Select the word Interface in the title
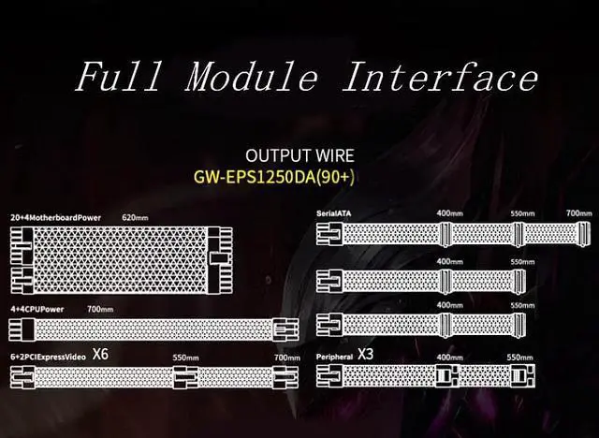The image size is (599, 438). point(441,76)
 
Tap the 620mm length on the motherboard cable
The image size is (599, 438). point(136,217)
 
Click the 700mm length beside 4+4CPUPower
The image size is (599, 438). point(100,309)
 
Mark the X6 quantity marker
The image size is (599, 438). point(100,355)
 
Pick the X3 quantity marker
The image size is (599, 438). point(367,355)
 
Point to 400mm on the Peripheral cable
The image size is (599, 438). point(450,357)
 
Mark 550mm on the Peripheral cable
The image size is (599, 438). point(519,357)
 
